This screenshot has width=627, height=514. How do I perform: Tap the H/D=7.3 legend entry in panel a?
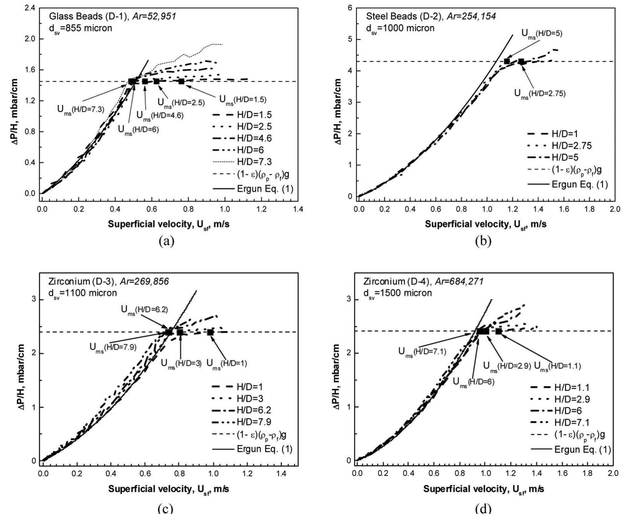(254, 162)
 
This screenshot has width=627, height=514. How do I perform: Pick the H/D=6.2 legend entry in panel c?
(254, 410)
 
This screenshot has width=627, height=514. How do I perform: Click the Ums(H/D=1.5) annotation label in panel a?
(243, 100)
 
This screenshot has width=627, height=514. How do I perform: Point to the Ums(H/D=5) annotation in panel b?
(541, 33)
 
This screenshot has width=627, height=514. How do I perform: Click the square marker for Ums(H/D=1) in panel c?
(211, 332)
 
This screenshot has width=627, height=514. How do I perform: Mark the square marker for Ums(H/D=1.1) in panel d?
(499, 332)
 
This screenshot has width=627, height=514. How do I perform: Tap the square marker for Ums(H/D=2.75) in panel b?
(521, 62)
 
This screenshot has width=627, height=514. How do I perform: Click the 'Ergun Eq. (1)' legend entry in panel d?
(582, 450)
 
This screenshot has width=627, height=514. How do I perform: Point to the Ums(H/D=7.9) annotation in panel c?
(113, 347)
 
